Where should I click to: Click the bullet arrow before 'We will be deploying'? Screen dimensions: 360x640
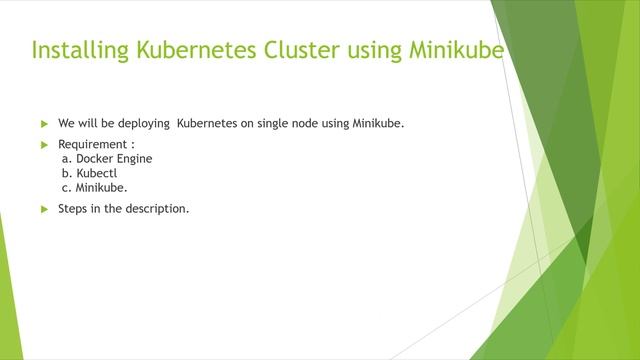click(x=44, y=124)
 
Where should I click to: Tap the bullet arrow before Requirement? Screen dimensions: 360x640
click(x=44, y=145)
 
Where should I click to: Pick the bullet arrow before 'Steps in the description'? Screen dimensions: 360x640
click(x=44, y=209)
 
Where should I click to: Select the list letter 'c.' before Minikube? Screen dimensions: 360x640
click(x=66, y=187)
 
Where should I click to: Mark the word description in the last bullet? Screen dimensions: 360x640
click(x=153, y=208)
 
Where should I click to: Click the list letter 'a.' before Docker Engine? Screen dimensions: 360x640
click(x=66, y=158)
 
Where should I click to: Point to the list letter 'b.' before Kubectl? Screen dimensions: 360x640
click(x=66, y=172)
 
